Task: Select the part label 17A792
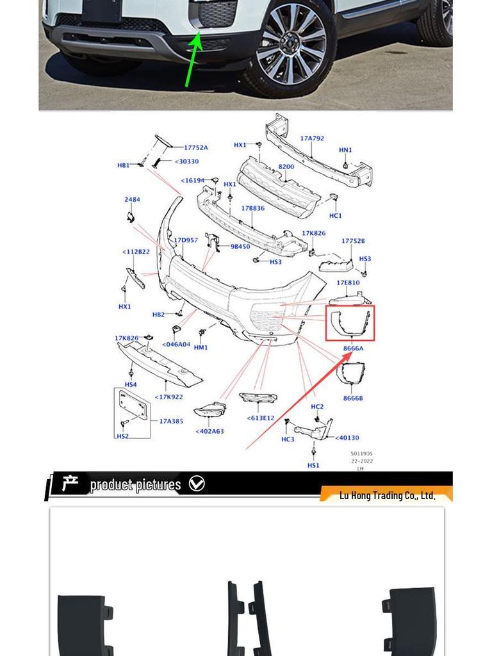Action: tap(312, 138)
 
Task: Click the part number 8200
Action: tap(286, 167)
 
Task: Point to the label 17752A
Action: tap(195, 148)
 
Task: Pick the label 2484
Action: tap(132, 200)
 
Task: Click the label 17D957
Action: tap(186, 240)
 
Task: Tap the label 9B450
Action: tap(240, 246)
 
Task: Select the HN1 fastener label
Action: tap(345, 150)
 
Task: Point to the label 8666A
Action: tap(353, 348)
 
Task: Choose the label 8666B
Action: tap(353, 398)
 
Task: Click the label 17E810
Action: tap(348, 283)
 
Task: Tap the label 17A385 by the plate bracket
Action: tap(170, 421)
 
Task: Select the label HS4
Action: tap(131, 384)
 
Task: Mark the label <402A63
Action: tap(209, 431)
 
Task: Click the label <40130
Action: tap(347, 438)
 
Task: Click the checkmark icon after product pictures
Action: tap(197, 484)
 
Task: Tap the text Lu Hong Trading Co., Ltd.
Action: tap(387, 495)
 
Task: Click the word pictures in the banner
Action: tap(157, 484)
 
